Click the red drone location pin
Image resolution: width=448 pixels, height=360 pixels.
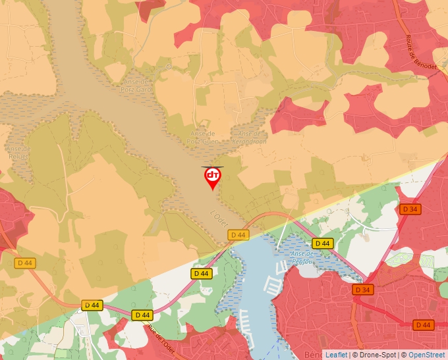[212, 178]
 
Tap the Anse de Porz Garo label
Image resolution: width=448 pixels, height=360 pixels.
[132, 85]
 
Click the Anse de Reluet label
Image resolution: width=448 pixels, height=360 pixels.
[18, 153]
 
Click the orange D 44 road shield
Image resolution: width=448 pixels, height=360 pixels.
[423, 324]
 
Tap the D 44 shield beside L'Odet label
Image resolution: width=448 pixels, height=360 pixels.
[238, 235]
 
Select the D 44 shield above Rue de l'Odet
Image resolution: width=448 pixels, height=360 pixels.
[141, 315]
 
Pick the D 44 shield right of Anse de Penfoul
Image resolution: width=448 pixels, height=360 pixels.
[322, 244]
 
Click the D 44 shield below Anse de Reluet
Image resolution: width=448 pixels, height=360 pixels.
[25, 263]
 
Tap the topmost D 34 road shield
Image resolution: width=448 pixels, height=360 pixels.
[410, 209]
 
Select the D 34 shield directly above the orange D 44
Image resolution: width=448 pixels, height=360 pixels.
[362, 290]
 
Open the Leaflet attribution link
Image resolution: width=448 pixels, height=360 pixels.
[337, 355]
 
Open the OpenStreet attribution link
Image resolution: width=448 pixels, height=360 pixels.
[428, 355]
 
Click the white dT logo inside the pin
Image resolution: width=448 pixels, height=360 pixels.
[212, 175]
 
